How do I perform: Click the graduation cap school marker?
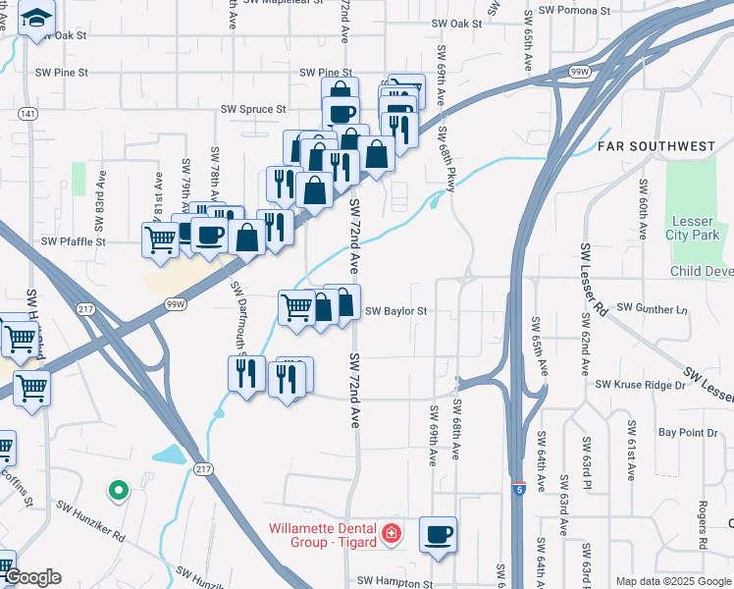tap(37, 20)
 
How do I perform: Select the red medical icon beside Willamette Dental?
tap(392, 532)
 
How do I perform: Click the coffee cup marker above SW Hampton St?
tap(439, 535)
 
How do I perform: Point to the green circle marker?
tap(118, 488)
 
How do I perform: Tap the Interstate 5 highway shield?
tap(519, 487)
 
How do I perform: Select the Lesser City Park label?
tap(693, 229)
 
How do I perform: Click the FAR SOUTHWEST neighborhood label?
tap(656, 147)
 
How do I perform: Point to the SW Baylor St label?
tap(396, 311)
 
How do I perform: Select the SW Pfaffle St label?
tap(73, 241)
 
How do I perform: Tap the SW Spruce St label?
tap(253, 109)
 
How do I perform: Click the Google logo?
tap(31, 577)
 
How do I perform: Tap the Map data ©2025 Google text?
tap(672, 581)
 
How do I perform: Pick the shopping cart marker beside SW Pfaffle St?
tap(159, 239)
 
